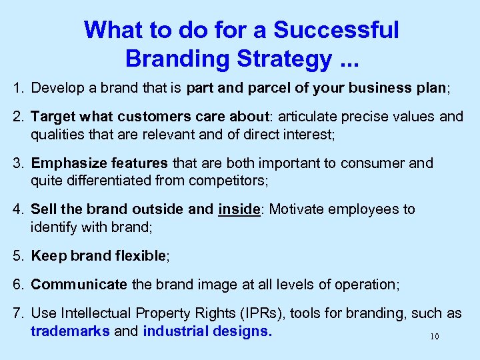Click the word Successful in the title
tap(337, 30)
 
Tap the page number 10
tap(435, 337)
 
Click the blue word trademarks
tap(70, 331)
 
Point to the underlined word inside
tap(238, 209)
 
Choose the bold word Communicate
tap(79, 285)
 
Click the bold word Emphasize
tap(66, 163)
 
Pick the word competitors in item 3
tap(227, 181)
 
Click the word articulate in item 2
tap(307, 117)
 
